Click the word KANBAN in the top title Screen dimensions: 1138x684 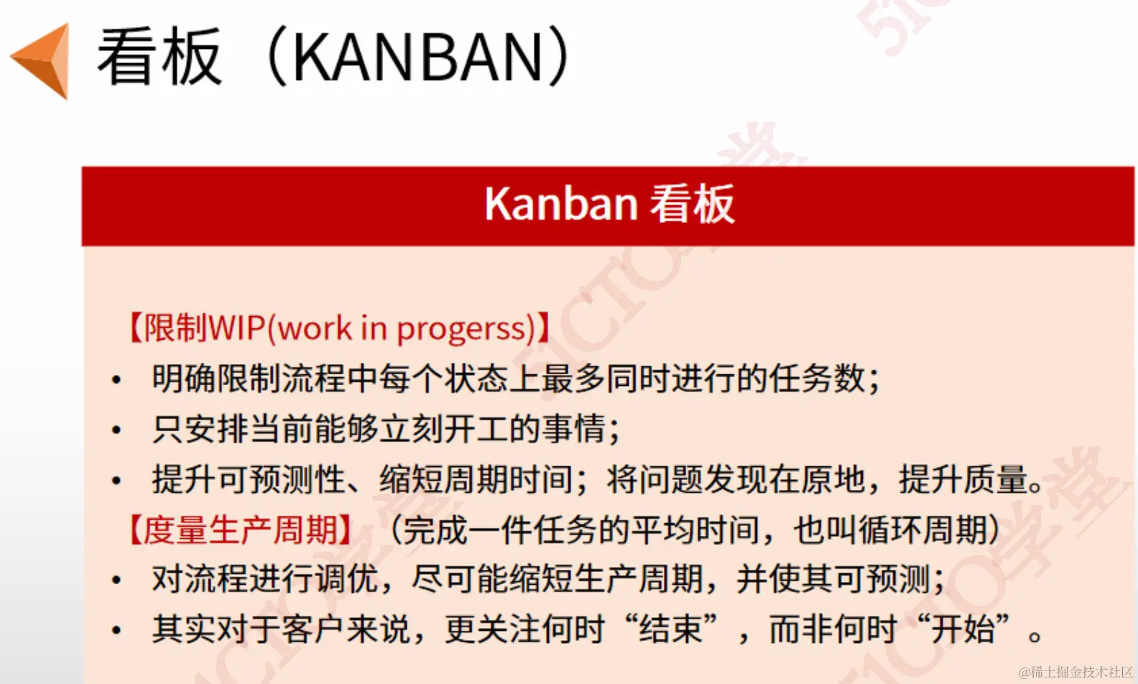[417, 57]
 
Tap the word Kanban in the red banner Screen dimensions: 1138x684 [561, 203]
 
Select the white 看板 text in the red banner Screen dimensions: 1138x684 [692, 204]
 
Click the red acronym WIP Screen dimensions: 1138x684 [237, 328]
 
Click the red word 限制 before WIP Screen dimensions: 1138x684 [176, 328]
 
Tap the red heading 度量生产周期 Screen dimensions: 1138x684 [240, 530]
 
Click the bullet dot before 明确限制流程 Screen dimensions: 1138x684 [116, 379]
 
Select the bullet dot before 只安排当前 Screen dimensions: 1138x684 [116, 430]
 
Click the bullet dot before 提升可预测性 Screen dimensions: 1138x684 [116, 480]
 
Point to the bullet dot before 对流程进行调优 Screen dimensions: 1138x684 [116, 580]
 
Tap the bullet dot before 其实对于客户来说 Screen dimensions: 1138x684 [116, 630]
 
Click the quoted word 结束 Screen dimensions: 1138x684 [672, 629]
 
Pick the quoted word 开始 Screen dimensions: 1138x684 [963, 629]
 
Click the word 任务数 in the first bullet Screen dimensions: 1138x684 [817, 379]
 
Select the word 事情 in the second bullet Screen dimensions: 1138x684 [574, 429]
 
